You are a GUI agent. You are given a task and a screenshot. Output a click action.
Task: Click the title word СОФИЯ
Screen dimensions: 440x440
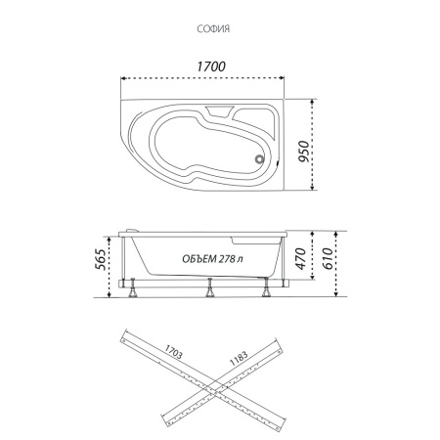click(213, 28)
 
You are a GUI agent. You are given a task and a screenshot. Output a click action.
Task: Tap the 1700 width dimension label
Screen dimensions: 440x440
click(211, 66)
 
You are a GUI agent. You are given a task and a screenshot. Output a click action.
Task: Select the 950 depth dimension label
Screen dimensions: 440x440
click(303, 152)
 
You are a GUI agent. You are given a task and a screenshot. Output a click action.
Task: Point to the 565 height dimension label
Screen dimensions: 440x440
click(101, 259)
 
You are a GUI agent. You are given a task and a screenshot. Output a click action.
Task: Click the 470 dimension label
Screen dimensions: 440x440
click(301, 259)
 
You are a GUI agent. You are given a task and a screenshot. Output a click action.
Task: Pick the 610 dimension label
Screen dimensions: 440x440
click(328, 259)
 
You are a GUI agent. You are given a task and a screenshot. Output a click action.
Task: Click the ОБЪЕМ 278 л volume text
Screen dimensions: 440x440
click(212, 259)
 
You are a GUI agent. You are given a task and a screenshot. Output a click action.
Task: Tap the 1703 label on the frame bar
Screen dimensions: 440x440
click(173, 352)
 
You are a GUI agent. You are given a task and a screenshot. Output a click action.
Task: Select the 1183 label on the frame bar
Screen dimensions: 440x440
click(239, 358)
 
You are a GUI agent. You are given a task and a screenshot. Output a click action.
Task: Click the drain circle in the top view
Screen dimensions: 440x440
click(259, 159)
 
